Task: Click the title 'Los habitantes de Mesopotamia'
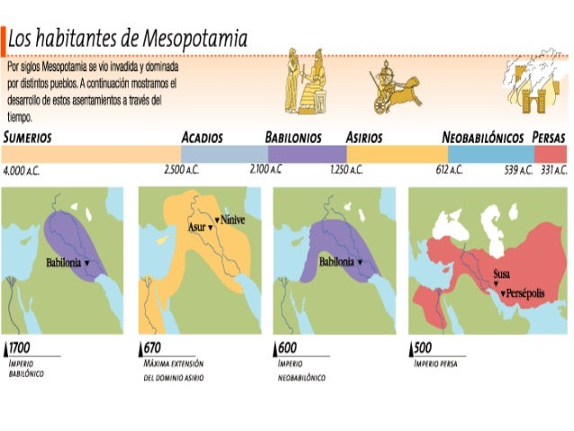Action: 129,39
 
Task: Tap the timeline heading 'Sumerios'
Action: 27,138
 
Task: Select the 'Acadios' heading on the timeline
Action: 202,138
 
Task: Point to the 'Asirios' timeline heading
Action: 364,138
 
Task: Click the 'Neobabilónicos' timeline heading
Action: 483,138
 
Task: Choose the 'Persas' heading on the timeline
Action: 548,138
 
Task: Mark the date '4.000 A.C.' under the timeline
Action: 22,169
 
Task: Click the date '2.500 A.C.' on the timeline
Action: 182,169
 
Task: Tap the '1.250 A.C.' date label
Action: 345,169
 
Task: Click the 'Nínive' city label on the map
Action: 232,220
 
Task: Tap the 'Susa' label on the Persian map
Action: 502,275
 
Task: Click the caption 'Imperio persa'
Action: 435,364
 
